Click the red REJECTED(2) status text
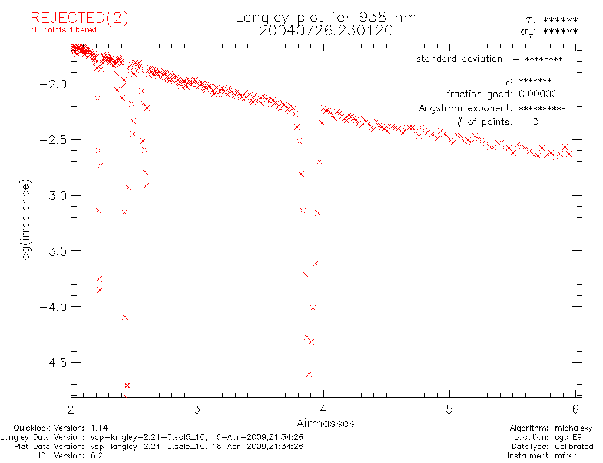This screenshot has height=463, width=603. pyautogui.click(x=79, y=18)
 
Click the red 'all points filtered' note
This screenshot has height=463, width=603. pyautogui.click(x=63, y=30)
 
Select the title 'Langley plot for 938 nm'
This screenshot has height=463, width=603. pyautogui.click(x=326, y=17)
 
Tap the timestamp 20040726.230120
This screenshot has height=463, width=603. pyautogui.click(x=326, y=31)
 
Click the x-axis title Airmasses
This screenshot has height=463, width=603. pyautogui.click(x=326, y=423)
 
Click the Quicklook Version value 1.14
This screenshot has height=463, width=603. pyautogui.click(x=100, y=428)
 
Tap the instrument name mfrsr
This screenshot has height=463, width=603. pyautogui.click(x=580, y=455)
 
